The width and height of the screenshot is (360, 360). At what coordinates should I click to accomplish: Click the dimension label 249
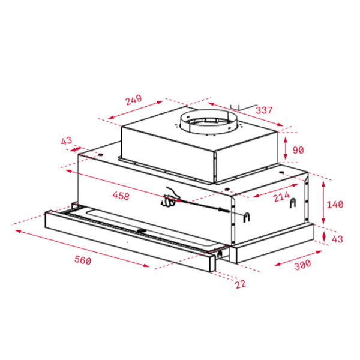133,100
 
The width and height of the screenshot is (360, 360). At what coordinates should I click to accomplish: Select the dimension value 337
264,110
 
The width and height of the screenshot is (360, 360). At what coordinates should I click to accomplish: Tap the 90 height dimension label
298,150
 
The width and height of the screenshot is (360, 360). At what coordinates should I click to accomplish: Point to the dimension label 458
121,196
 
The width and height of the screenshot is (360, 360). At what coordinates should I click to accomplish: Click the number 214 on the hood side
282,197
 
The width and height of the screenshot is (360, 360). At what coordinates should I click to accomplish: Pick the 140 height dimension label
335,205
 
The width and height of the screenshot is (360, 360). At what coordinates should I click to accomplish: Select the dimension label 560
83,260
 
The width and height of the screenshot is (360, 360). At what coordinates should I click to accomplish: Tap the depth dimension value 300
303,265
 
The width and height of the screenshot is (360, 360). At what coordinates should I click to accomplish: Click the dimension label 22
241,284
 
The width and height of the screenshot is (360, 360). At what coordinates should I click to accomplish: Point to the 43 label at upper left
67,141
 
